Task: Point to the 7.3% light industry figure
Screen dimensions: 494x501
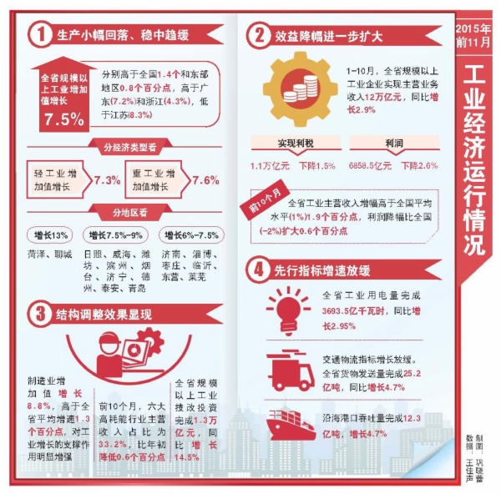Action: coord(107,179)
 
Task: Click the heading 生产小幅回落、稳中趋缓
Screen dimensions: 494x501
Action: coord(122,35)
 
